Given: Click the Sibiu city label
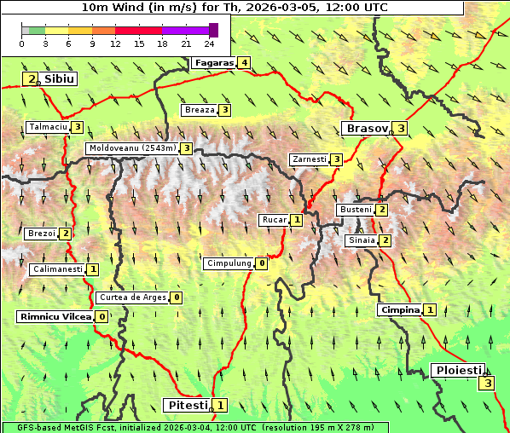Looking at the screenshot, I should click(x=60, y=79).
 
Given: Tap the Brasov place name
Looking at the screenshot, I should click(x=365, y=129).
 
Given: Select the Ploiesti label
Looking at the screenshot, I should click(x=458, y=371).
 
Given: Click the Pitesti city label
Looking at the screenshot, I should click(x=186, y=405).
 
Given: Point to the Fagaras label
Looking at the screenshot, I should click(x=213, y=63).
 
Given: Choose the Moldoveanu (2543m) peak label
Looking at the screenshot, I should click(x=132, y=148).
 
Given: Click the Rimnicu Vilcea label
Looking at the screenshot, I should click(x=55, y=317).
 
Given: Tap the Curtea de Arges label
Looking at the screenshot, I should click(x=131, y=297).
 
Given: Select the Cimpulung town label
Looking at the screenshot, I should click(x=229, y=264).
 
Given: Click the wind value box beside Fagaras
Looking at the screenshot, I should click(x=245, y=63).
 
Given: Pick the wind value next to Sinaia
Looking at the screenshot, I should click(x=385, y=241).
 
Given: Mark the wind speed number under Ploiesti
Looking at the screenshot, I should click(x=487, y=384).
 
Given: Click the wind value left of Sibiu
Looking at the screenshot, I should click(x=32, y=79).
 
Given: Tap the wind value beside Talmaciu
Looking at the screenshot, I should click(x=78, y=127).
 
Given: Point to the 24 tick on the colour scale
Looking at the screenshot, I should click(x=209, y=43).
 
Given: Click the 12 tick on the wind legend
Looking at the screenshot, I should click(x=115, y=43).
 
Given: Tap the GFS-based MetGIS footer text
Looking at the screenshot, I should click(x=194, y=427).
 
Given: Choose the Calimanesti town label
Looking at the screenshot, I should click(x=57, y=269).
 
